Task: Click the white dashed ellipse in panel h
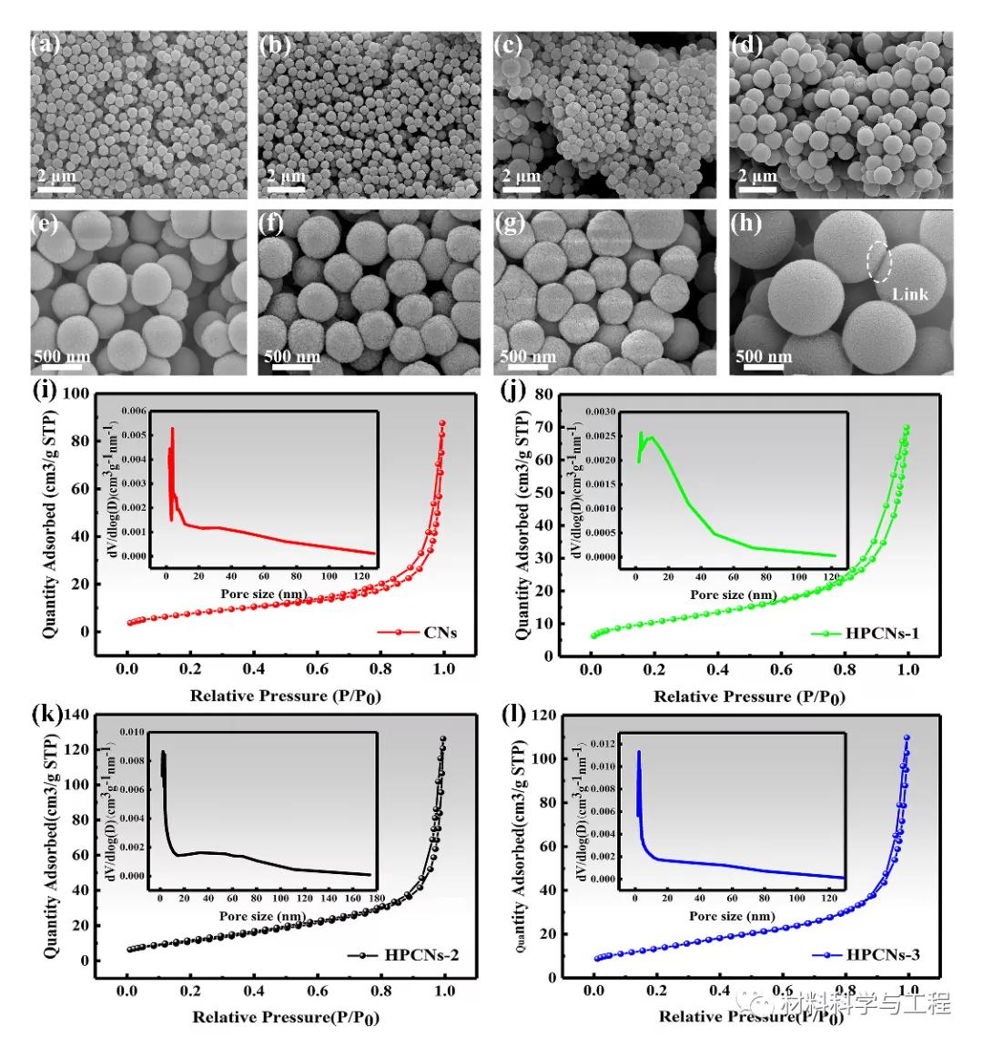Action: tap(878, 260)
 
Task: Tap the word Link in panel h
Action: tap(909, 294)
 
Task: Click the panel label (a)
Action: tap(46, 44)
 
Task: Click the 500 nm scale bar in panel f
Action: tap(292, 362)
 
